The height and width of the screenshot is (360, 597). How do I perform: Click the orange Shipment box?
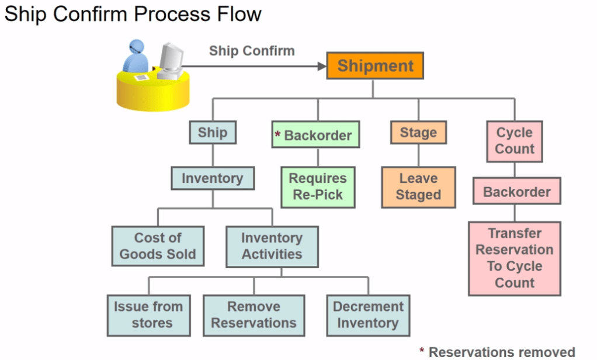point(374,65)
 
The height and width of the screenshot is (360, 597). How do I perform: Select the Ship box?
point(212,132)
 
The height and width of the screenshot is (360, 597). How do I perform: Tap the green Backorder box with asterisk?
point(315,135)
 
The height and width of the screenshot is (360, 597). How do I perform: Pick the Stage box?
point(418,133)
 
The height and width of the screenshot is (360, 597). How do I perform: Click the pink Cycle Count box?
point(515,141)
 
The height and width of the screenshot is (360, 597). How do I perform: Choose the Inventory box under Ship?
point(212,178)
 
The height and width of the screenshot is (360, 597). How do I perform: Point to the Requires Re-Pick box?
point(318,187)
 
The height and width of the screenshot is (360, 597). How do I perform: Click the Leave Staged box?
point(418,187)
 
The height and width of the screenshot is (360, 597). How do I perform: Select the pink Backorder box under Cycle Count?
point(516,192)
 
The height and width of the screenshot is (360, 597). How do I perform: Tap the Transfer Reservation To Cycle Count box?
point(515,258)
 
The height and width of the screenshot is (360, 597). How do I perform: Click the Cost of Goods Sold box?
point(158,246)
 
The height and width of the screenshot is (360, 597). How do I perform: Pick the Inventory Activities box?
point(272,246)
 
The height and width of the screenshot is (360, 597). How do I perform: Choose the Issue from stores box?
point(148,315)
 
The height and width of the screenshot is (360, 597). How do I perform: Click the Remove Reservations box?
point(254,315)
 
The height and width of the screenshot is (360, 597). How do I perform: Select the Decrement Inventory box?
point(368,315)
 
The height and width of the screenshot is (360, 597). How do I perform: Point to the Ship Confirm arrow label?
point(252,51)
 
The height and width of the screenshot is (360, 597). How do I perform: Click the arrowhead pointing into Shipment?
point(321,66)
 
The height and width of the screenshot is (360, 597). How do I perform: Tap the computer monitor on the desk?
point(171,58)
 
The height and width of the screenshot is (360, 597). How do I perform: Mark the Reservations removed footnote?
point(497,351)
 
